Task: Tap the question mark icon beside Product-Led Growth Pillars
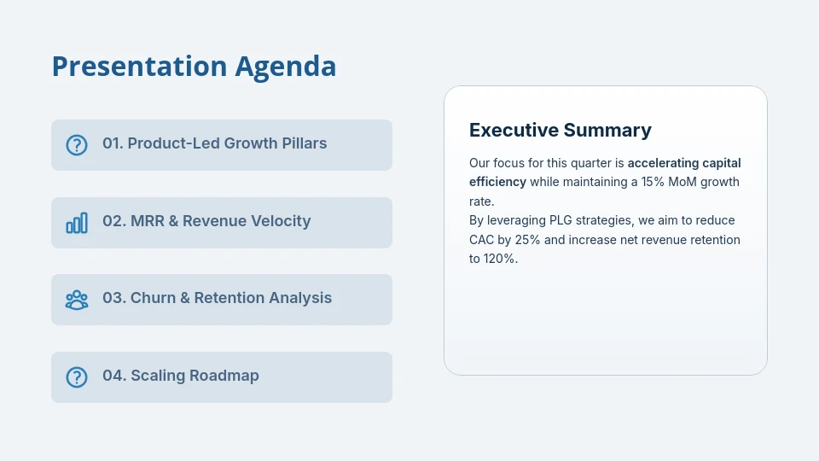click(x=77, y=145)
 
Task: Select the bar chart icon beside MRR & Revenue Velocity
click(x=77, y=223)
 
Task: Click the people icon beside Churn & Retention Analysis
click(x=77, y=300)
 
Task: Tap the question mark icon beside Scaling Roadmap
click(x=77, y=377)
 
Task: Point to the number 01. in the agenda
click(x=113, y=143)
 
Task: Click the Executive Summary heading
click(x=560, y=130)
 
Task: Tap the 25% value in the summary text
click(x=527, y=240)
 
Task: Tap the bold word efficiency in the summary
click(x=497, y=182)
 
